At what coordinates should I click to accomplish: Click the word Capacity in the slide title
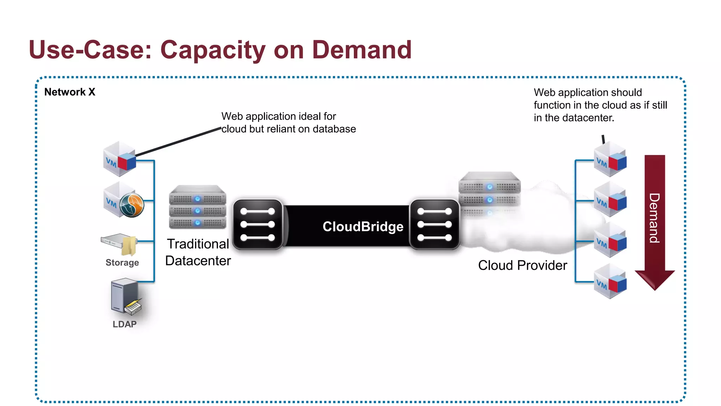212,50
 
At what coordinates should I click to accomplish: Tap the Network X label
70,92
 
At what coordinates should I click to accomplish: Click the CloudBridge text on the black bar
363,227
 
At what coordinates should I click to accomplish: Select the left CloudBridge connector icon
258,224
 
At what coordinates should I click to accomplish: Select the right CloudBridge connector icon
434,224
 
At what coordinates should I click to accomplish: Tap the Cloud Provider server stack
489,192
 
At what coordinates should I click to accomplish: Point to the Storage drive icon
120,244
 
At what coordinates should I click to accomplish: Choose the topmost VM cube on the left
120,159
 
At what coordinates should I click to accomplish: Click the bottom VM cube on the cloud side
610,282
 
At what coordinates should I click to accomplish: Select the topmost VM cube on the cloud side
610,160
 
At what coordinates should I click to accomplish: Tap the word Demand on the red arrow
654,218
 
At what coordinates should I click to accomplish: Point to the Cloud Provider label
522,265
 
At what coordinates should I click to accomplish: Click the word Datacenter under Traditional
198,261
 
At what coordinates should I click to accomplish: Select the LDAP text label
125,324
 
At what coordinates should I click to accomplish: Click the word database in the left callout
334,129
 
